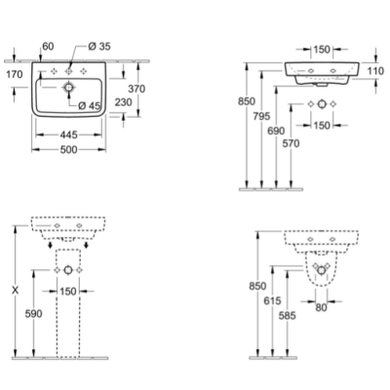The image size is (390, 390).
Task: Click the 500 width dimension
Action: [69, 149]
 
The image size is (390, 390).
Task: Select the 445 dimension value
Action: [69, 135]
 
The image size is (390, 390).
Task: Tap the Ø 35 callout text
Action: [99, 47]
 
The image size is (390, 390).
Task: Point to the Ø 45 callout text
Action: [90, 105]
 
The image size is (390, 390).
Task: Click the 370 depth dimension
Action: [136, 89]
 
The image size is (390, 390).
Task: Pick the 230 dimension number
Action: [124, 102]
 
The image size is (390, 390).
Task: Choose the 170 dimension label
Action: [15, 74]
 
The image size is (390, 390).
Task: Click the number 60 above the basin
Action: [48, 47]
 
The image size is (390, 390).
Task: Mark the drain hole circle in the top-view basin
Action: [68, 87]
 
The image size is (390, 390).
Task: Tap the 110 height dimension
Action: [375, 70]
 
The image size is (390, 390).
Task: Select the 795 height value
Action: [261, 116]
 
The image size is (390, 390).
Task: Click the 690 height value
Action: [276, 131]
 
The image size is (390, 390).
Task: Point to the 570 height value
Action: [291, 143]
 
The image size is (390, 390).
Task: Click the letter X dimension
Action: [15, 291]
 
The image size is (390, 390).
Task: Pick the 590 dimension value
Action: [34, 314]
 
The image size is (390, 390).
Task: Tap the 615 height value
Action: [272, 300]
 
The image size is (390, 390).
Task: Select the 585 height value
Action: [288, 315]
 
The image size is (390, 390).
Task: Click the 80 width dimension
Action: [321, 307]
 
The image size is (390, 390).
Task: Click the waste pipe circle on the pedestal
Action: [68, 270]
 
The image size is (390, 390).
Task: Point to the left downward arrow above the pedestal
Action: [50, 245]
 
